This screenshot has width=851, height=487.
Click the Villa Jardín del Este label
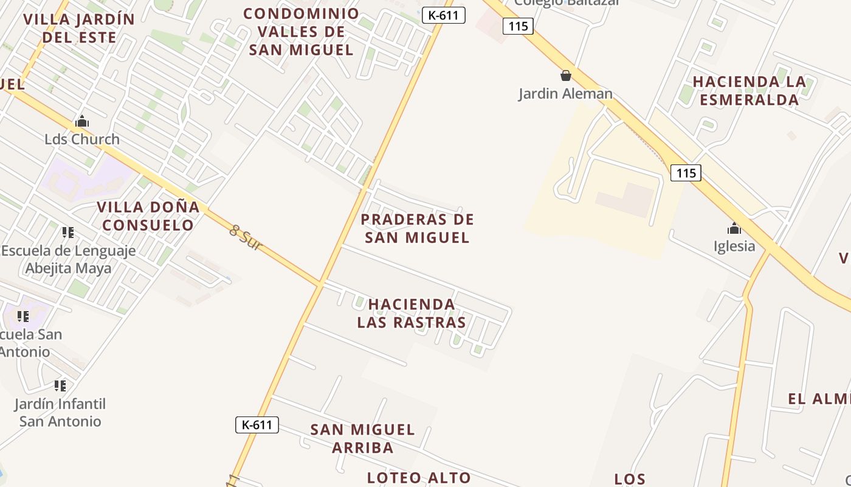pyautogui.click(x=79, y=28)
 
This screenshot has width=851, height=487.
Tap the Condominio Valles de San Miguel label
pyautogui.click(x=301, y=32)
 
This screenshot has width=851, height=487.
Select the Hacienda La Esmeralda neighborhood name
pyautogui.click(x=749, y=91)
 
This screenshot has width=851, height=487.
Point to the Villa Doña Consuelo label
pyautogui.click(x=148, y=216)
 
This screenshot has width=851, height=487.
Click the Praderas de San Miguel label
pyautogui.click(x=417, y=228)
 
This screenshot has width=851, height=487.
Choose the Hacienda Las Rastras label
pyautogui.click(x=412, y=313)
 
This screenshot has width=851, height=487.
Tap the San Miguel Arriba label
pyautogui.click(x=363, y=438)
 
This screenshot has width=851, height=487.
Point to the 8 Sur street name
pyautogui.click(x=246, y=238)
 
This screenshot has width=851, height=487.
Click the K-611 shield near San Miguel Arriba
pyautogui.click(x=257, y=425)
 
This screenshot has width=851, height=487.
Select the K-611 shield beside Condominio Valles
pyautogui.click(x=444, y=15)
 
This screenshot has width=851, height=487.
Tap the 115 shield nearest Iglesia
pyautogui.click(x=686, y=173)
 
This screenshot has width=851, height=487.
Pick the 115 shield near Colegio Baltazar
pyautogui.click(x=519, y=26)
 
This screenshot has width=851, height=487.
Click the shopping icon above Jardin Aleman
pyautogui.click(x=566, y=75)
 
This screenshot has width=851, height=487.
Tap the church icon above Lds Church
pyautogui.click(x=82, y=122)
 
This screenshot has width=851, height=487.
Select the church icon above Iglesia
pyautogui.click(x=734, y=229)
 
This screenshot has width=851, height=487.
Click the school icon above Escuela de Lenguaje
pyautogui.click(x=68, y=233)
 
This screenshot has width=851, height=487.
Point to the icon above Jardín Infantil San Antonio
pyautogui.click(x=60, y=386)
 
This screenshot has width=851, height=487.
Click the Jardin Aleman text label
pyautogui.click(x=565, y=94)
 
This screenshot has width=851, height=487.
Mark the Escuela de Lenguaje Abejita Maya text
pyautogui.click(x=69, y=259)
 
